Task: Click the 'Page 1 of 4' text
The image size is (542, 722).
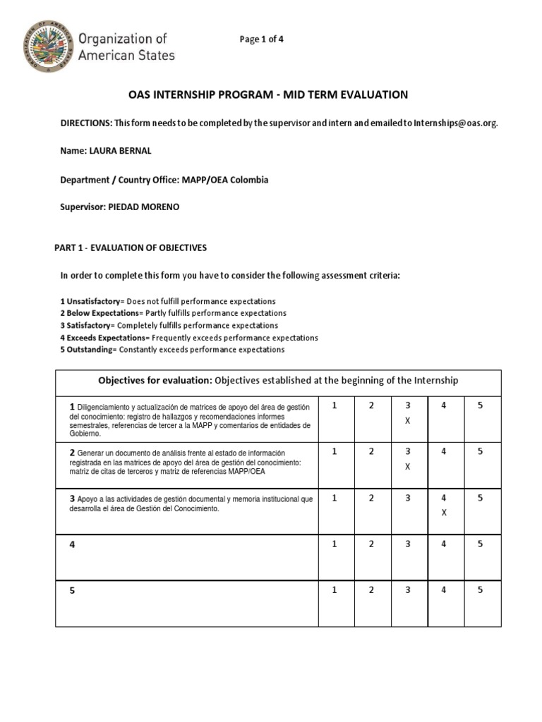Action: pos(261,39)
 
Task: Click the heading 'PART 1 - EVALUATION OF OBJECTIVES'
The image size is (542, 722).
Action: pos(131,247)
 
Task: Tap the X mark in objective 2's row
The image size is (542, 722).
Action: pos(407,466)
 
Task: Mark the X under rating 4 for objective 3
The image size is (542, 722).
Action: pos(444,513)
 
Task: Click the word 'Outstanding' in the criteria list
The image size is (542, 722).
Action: pos(91,350)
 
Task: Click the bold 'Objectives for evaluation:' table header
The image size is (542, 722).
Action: pos(155,381)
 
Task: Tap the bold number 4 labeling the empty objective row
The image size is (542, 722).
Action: pos(71,545)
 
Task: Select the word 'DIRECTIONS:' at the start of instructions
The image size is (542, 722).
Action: pos(86,123)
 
